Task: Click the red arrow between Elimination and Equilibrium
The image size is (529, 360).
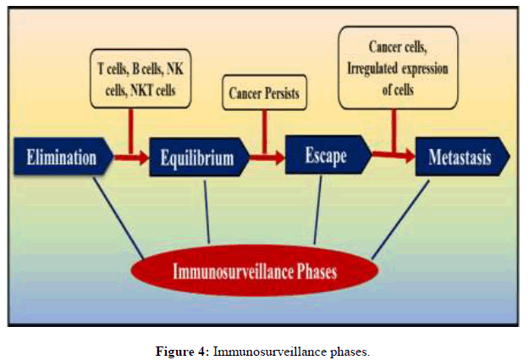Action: coord(131,157)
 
